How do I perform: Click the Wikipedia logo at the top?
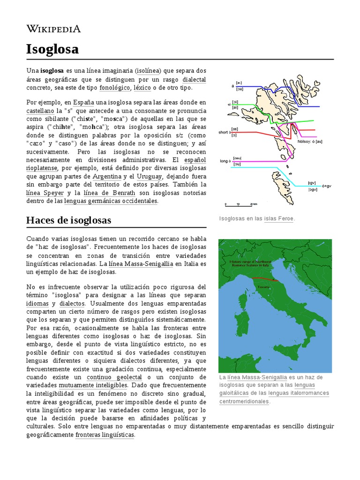[53, 29]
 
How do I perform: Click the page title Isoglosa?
[52, 49]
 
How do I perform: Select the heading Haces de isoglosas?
[69, 220]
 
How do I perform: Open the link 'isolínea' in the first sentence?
[148, 70]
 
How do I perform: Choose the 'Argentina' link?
[107, 176]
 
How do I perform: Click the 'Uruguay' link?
[149, 176]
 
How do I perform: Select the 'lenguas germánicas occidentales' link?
[111, 201]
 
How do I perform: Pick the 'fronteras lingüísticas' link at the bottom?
[105, 435]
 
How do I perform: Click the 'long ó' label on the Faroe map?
[226, 161]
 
